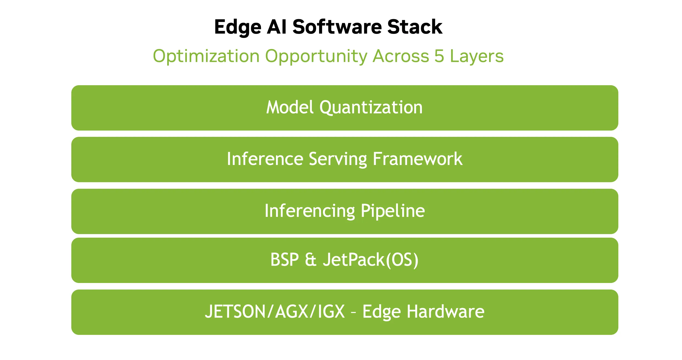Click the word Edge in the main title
click(238, 27)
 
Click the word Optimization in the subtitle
click(206, 57)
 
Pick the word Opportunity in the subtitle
click(316, 57)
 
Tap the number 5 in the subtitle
click(439, 56)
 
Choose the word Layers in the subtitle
click(477, 57)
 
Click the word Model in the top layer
click(290, 107)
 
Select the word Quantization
click(371, 108)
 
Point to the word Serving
click(338, 159)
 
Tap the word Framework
click(418, 159)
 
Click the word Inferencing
click(310, 211)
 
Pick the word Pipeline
click(393, 211)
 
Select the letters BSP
click(284, 259)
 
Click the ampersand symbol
click(311, 259)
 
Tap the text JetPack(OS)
click(371, 260)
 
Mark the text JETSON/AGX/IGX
click(275, 311)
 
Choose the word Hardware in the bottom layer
click(445, 311)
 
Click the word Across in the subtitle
click(401, 56)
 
